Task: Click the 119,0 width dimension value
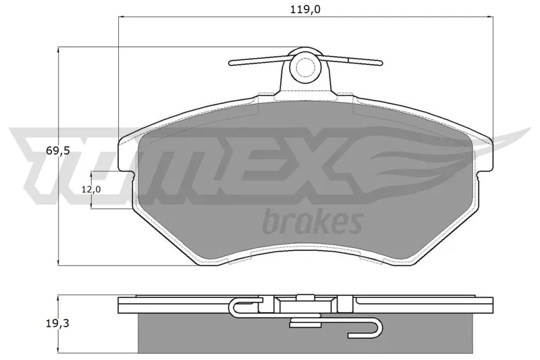(x=305, y=9)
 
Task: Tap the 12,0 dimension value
(x=91, y=189)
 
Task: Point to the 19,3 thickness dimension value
(x=57, y=324)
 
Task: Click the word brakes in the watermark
(x=313, y=222)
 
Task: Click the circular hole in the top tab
(x=305, y=67)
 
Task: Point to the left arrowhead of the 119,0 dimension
(x=122, y=16)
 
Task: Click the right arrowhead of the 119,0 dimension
(x=490, y=16)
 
